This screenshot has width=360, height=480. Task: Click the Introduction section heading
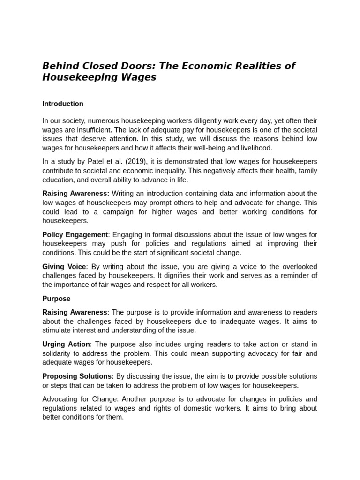63,104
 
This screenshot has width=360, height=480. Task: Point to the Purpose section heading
56,299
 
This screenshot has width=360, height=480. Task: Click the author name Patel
105,162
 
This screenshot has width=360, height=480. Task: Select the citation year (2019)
134,162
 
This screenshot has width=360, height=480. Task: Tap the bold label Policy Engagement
75,234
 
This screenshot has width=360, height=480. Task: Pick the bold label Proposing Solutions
78,376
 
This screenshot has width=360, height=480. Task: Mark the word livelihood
255,148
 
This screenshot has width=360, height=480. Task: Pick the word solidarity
58,354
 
